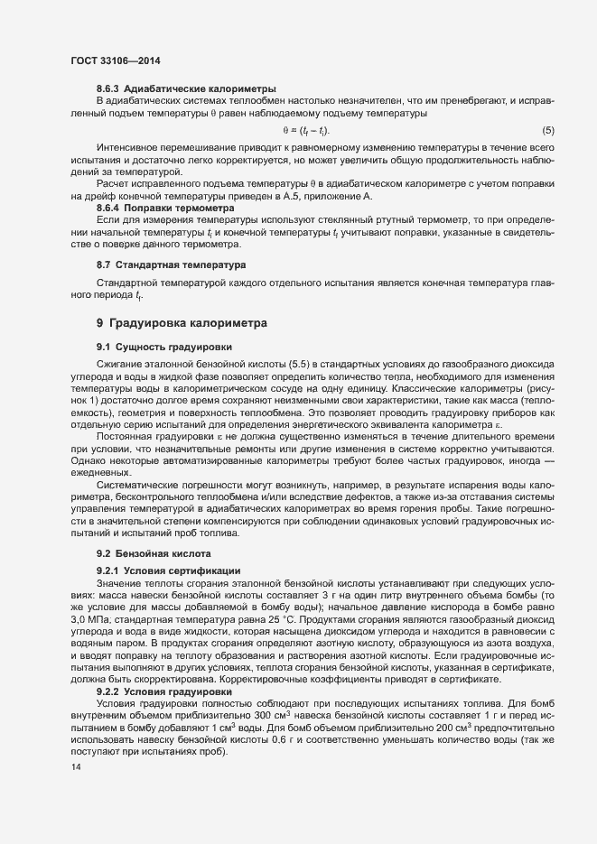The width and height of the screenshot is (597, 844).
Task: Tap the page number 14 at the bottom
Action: coord(76,767)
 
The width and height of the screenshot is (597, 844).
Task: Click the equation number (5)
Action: coord(547,131)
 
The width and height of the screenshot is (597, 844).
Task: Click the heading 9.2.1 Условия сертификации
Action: coord(168,571)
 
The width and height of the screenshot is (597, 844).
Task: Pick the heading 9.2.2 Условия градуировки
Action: coord(163,666)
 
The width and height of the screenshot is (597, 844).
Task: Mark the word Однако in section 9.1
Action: coord(88,459)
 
